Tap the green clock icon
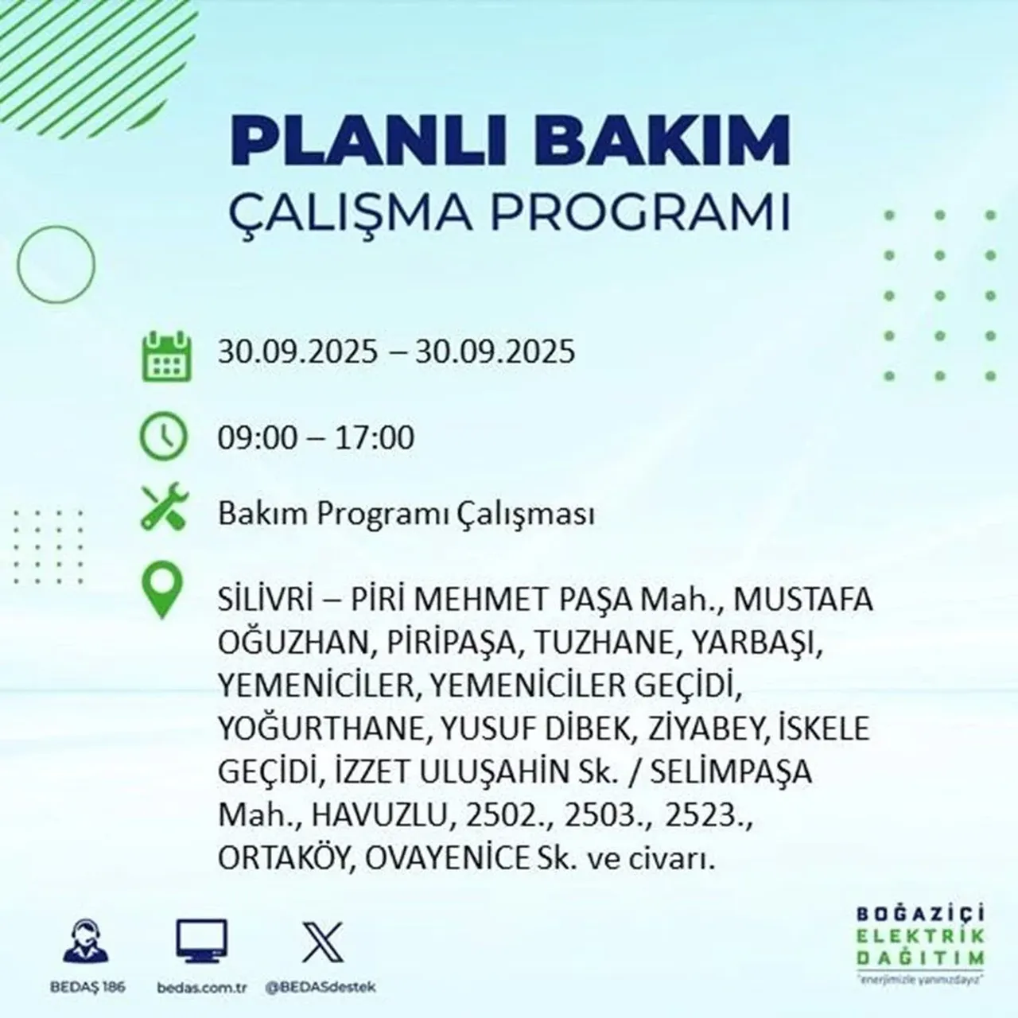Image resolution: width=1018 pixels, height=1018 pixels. tap(164, 437)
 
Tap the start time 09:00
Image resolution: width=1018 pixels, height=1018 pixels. tap(255, 438)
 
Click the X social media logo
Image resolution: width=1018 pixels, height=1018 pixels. tap(323, 942)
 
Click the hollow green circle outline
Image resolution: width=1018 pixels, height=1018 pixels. tap(56, 263)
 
